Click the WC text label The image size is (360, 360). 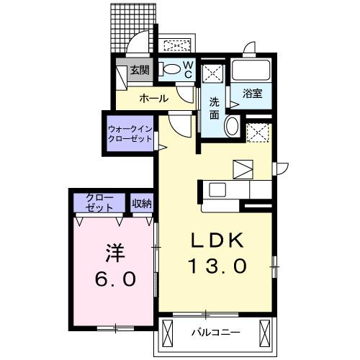coord(186,69)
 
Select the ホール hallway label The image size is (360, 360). coord(153,98)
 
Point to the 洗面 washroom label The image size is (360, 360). coord(215,107)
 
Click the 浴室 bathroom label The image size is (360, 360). coord(251,93)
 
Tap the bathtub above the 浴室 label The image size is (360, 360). coord(251,72)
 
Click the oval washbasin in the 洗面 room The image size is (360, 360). coord(232,127)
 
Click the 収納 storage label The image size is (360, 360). coord(142,203)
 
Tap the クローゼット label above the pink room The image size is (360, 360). coord(99,202)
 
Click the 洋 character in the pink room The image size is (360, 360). coord(114,253)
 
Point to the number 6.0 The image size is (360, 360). coord(114,279)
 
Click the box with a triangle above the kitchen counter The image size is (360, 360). coord(243,168)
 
